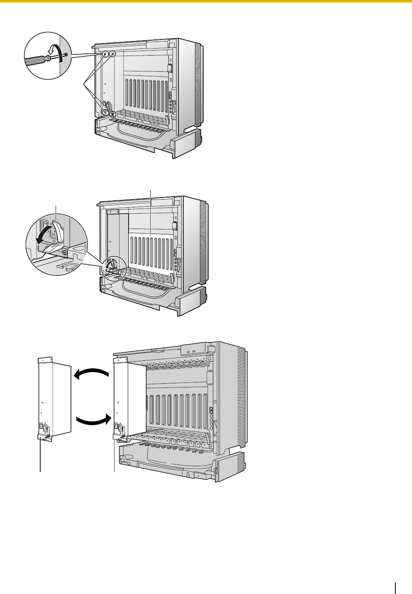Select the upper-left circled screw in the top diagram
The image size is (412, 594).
click(105, 54)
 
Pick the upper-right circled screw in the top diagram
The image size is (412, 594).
click(112, 54)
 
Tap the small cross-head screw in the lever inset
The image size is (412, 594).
click(64, 251)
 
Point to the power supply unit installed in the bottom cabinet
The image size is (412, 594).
click(120, 398)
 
